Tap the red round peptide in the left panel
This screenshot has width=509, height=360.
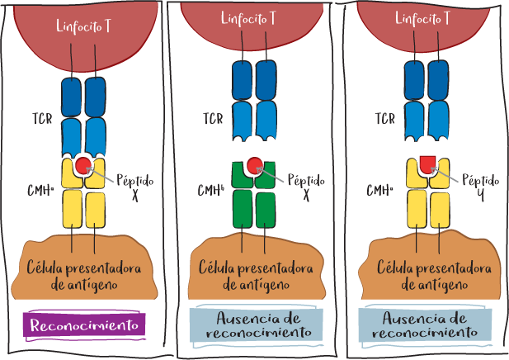coord(83,167)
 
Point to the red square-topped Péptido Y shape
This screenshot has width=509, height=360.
coord(428,163)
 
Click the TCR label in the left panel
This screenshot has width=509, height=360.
coord(40,119)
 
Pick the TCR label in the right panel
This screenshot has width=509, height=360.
coord(384,119)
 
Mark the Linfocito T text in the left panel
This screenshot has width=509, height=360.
coord(84,25)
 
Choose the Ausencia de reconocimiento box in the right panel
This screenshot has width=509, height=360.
coord(425,324)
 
